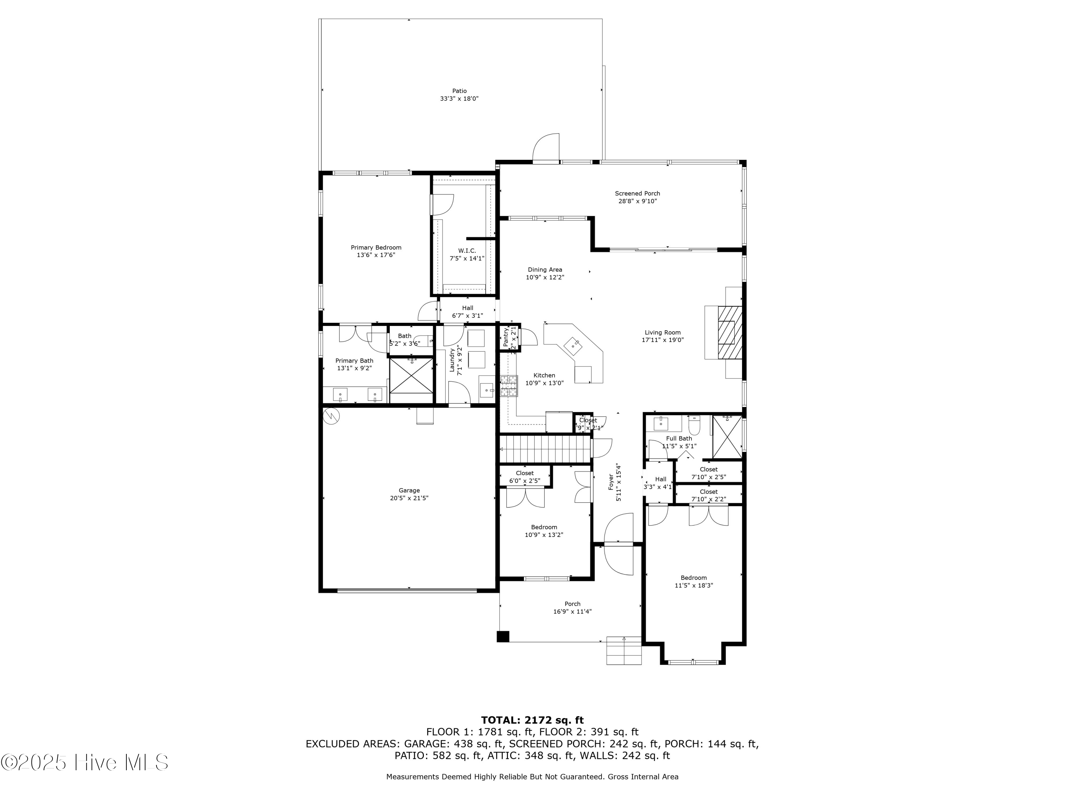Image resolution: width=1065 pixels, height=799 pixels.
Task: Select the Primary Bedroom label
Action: pyautogui.click(x=376, y=248)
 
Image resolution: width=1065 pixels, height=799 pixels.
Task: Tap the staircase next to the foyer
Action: pyautogui.click(x=545, y=449)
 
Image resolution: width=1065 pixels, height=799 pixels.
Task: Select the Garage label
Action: pyautogui.click(x=409, y=490)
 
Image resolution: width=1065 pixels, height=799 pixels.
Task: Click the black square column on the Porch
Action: pyautogui.click(x=503, y=636)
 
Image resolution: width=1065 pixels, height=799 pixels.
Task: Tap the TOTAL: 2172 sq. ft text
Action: pyautogui.click(x=532, y=721)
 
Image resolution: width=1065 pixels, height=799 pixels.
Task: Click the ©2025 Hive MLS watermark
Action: pyautogui.click(x=85, y=762)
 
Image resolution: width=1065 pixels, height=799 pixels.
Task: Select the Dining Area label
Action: pyautogui.click(x=545, y=270)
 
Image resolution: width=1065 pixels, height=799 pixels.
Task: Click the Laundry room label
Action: pyautogui.click(x=452, y=360)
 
